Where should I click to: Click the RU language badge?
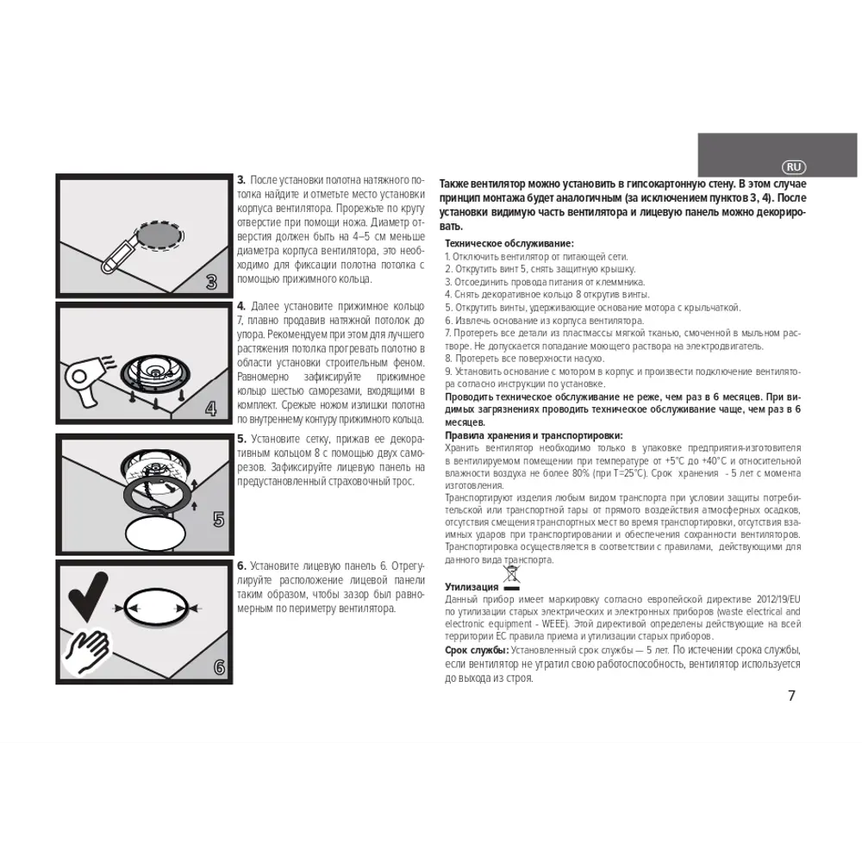[x=793, y=167]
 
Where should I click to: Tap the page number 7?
[x=791, y=696]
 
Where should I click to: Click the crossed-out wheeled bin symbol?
[x=511, y=577]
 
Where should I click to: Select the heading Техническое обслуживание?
[x=509, y=244]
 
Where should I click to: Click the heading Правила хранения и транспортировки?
[x=534, y=436]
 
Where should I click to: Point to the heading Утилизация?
[x=472, y=587]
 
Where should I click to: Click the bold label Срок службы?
[x=477, y=650]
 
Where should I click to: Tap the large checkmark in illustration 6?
[x=87, y=597]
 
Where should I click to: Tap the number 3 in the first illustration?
[x=212, y=282]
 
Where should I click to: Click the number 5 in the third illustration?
[x=218, y=519]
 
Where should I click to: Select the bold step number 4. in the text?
[x=241, y=306]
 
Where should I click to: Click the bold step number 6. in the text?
[x=241, y=565]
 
